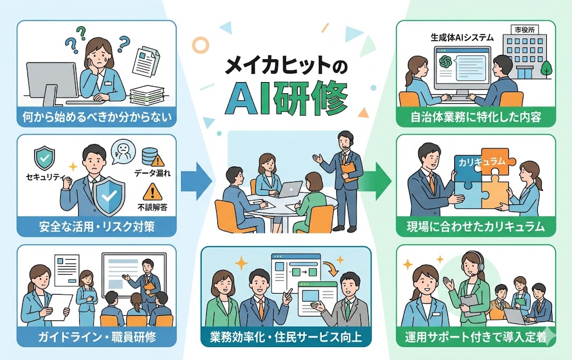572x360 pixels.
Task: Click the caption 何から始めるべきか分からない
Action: click(x=97, y=117)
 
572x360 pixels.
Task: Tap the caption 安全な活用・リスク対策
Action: click(x=97, y=227)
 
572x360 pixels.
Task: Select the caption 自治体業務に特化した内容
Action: click(x=475, y=117)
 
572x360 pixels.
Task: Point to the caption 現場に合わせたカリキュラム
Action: click(x=475, y=227)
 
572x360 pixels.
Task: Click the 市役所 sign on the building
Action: click(x=522, y=30)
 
